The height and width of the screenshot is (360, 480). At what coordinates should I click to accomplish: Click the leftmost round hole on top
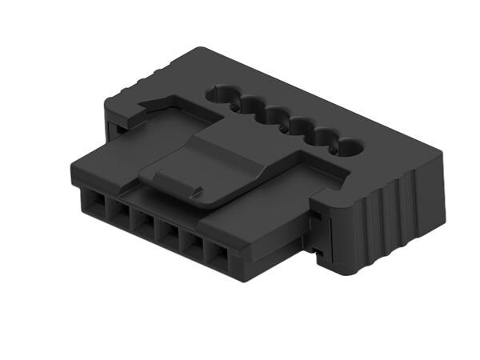point(218,94)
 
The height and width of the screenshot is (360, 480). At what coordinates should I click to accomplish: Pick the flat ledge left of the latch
point(120,160)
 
